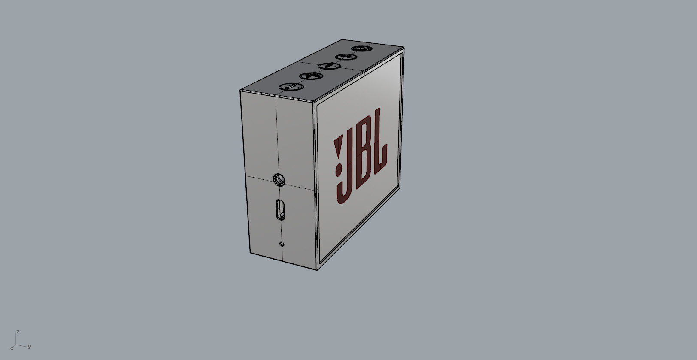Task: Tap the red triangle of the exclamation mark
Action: [339, 148]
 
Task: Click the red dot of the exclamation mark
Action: [339, 170]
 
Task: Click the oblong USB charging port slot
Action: [280, 209]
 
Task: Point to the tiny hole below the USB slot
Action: [282, 244]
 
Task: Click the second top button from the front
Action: [311, 76]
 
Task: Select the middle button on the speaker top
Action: [329, 66]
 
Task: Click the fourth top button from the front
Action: [345, 57]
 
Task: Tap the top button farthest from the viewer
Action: [361, 48]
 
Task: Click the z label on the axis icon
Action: [18, 332]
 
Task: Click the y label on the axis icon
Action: [29, 346]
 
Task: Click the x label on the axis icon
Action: [12, 348]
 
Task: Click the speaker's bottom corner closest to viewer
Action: [317, 270]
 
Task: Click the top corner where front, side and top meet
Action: [313, 103]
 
